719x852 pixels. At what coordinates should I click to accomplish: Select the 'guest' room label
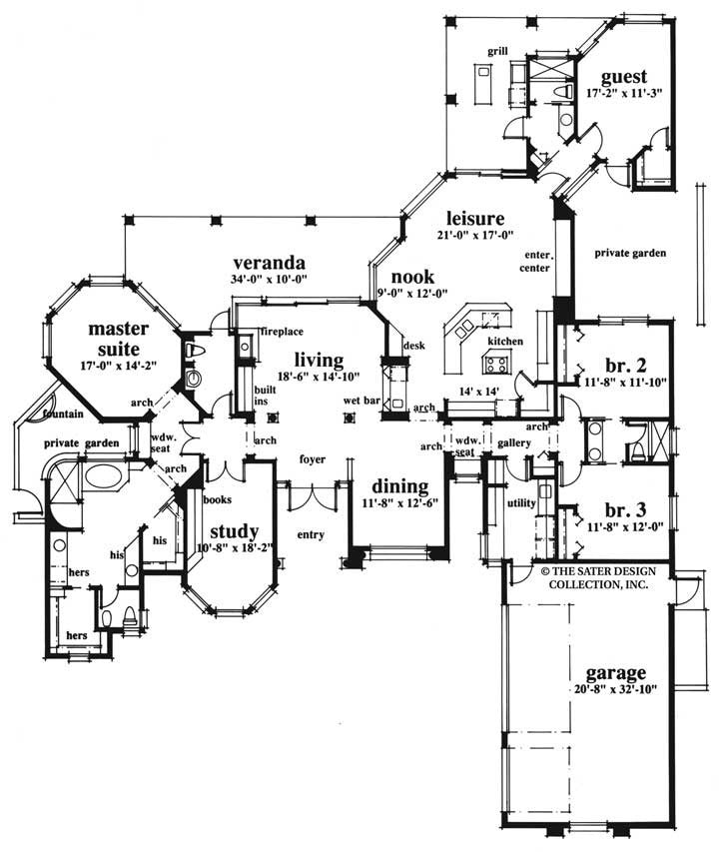point(624,76)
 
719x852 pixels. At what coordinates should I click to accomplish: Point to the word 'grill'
point(498,49)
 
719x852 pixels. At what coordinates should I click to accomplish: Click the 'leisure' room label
point(473,218)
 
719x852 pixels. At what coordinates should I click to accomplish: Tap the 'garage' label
point(616,671)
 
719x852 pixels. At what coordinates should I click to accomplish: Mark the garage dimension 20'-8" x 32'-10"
point(616,689)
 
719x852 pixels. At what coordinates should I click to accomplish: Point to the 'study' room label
point(235,530)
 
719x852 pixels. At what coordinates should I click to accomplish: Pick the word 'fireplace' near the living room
point(283,331)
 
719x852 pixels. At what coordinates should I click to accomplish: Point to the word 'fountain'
point(61,414)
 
